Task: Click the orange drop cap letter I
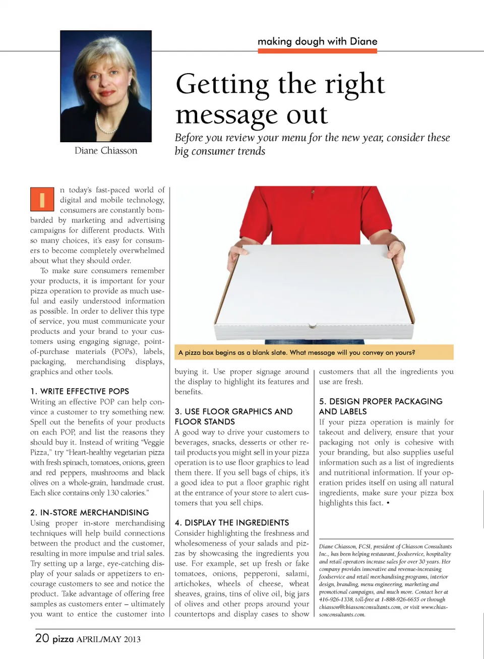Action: coord(42,199)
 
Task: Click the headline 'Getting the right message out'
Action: coord(280,98)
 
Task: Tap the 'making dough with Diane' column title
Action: coord(317,41)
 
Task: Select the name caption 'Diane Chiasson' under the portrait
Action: coord(106,151)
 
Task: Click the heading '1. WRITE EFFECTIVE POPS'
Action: coord(80,391)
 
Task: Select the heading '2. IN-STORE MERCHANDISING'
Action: coord(90,512)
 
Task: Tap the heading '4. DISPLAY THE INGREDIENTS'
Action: coord(232,522)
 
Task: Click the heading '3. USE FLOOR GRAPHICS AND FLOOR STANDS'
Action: coord(233,416)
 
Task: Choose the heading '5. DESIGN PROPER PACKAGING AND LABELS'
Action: coord(381,406)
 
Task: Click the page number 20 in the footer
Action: coord(42,638)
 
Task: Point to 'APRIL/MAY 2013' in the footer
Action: coord(108,639)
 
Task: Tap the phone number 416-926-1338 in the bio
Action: coord(336,600)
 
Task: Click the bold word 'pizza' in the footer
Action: coord(63,639)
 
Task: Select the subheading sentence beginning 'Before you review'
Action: coord(312,144)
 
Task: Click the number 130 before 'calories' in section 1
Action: coord(113,493)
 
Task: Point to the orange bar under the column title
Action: coord(317,51)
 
